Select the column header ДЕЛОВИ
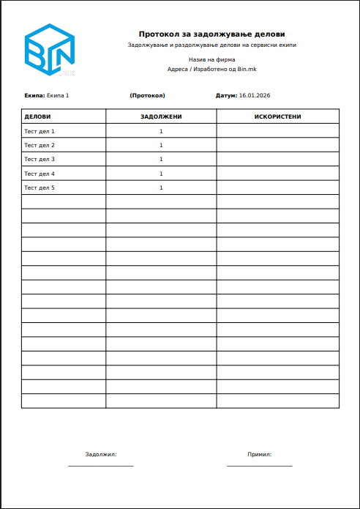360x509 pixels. [37, 116]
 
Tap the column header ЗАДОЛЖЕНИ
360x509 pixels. [161, 116]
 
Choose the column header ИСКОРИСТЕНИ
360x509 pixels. [277, 116]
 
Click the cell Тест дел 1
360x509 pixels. [40, 131]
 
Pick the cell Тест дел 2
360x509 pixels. [40, 145]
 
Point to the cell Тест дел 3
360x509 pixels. [40, 159]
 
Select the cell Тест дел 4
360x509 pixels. [40, 174]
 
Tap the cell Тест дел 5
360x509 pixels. [40, 187]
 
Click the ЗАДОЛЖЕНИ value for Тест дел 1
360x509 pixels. [161, 131]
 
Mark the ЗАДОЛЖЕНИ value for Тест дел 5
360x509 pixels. [161, 187]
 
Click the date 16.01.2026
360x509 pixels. [255, 96]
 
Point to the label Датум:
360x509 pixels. [226, 96]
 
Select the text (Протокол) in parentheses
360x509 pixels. [147, 96]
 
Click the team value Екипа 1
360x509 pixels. [58, 96]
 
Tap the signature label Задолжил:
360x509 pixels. [101, 454]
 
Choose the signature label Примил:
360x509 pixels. [260, 454]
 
